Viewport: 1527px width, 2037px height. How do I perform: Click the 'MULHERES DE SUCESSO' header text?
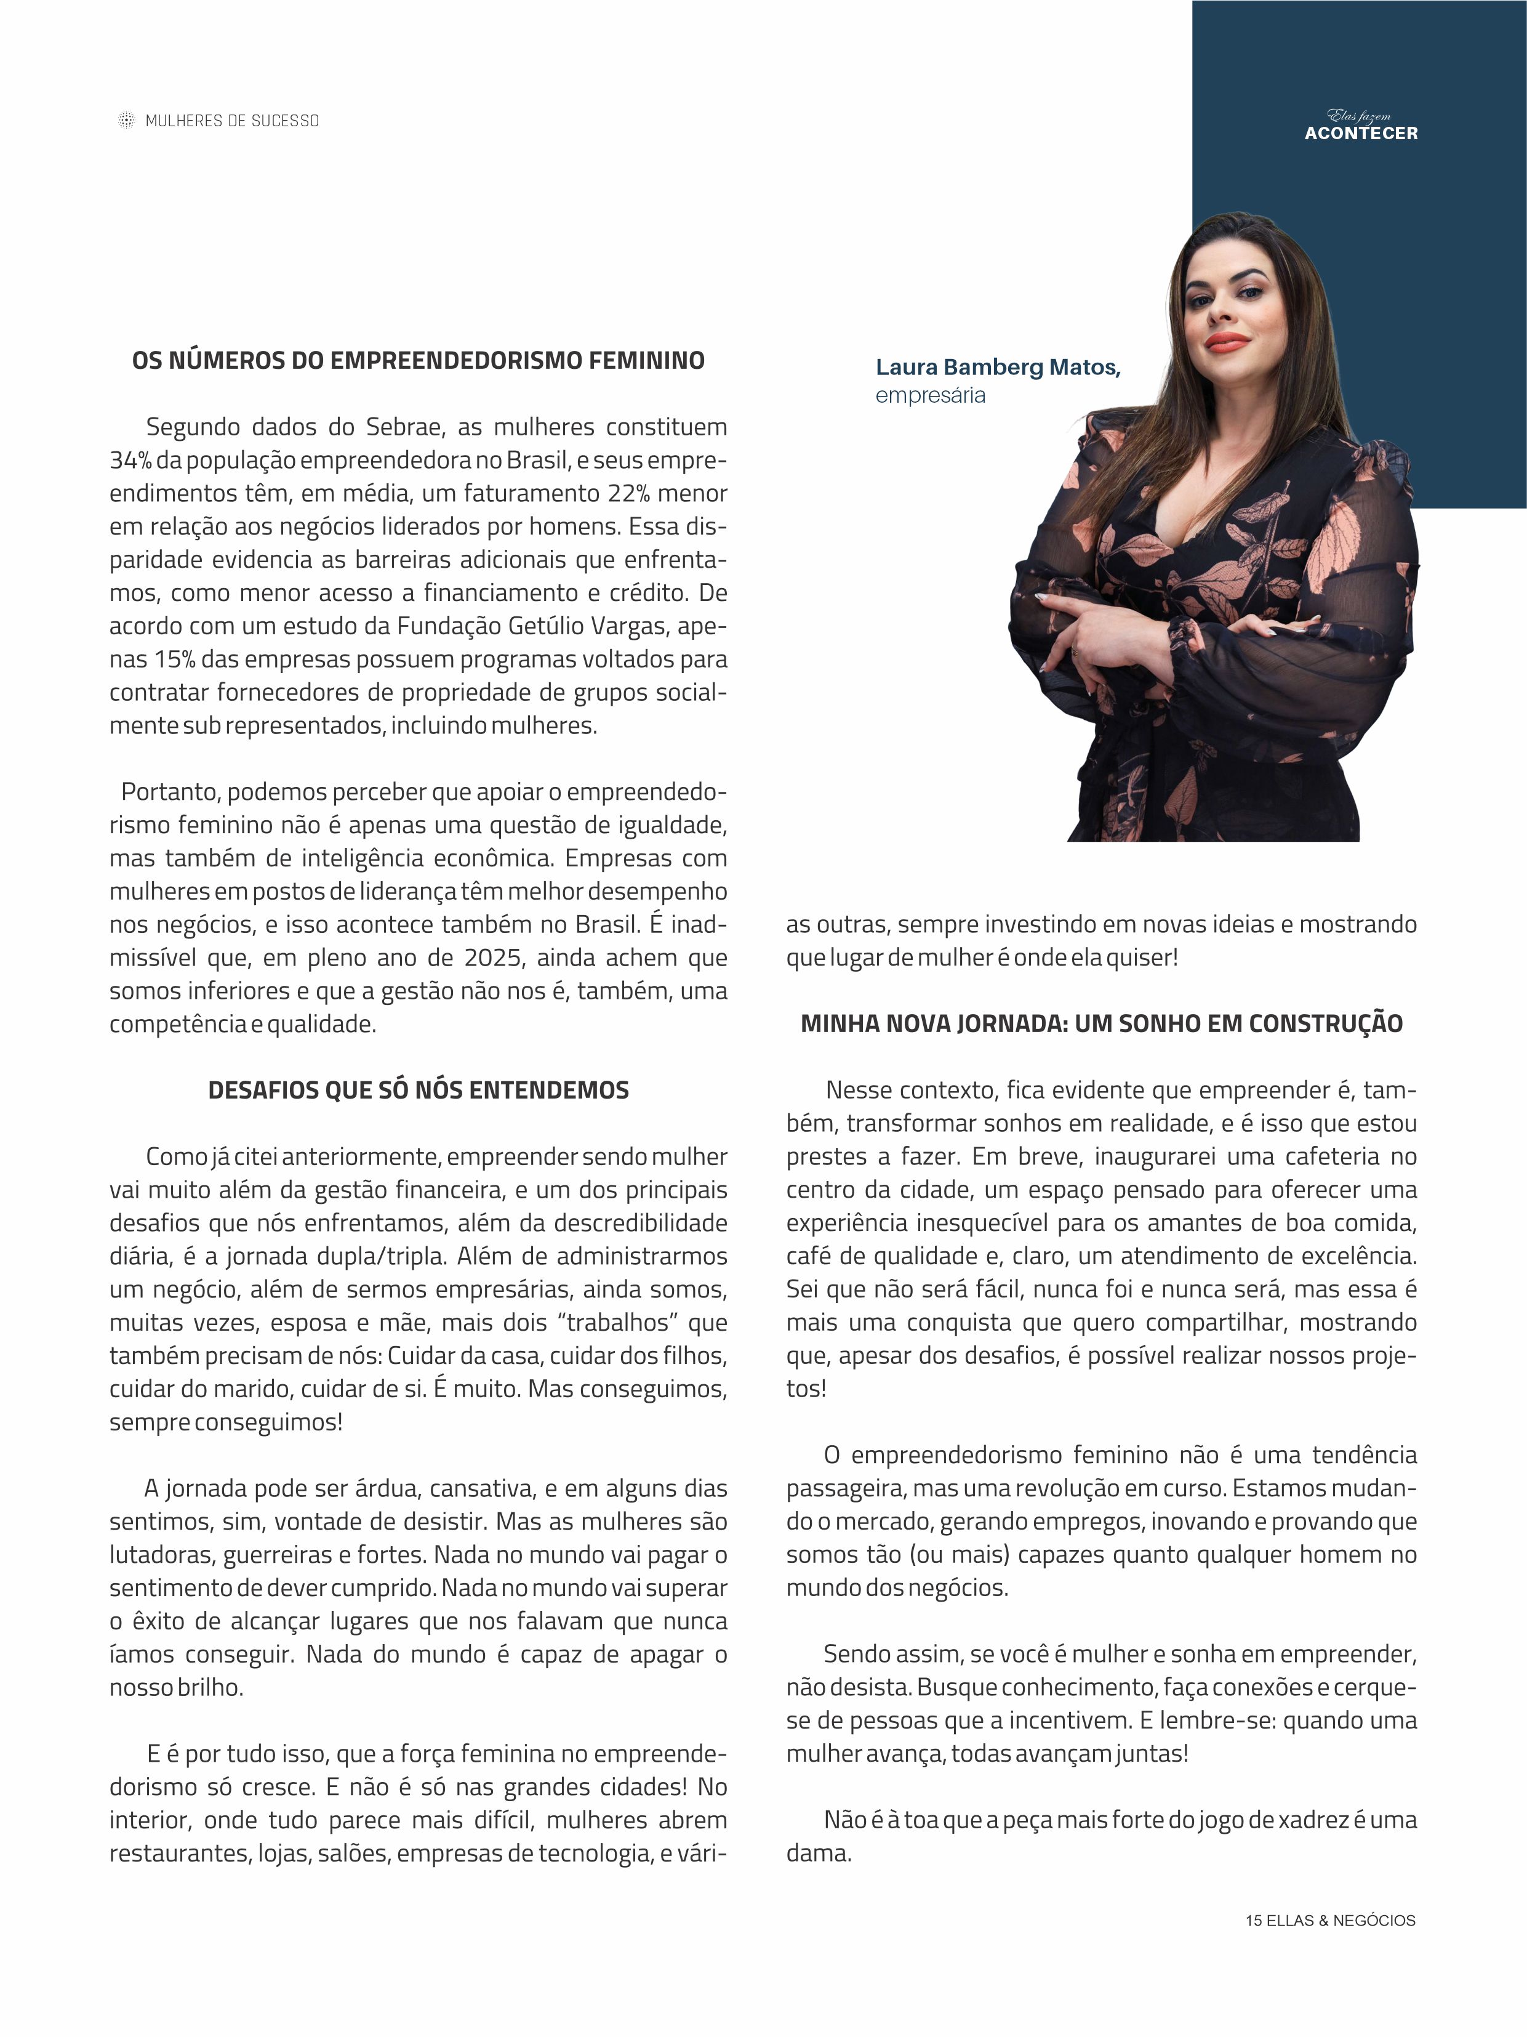coord(232,121)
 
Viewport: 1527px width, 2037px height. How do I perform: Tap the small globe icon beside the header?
coord(126,121)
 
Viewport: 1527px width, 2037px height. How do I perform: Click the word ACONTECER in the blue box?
coord(1360,134)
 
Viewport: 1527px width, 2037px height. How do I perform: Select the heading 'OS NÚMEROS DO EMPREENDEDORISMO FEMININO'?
coord(419,360)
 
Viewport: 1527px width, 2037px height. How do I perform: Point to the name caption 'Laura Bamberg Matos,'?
coord(998,368)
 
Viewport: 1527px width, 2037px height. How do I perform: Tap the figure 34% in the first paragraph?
coord(130,461)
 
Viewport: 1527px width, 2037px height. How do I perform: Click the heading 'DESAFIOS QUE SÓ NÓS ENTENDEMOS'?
coord(419,1091)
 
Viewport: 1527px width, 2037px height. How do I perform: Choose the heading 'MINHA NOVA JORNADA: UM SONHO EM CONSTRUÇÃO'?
coord(1102,1024)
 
